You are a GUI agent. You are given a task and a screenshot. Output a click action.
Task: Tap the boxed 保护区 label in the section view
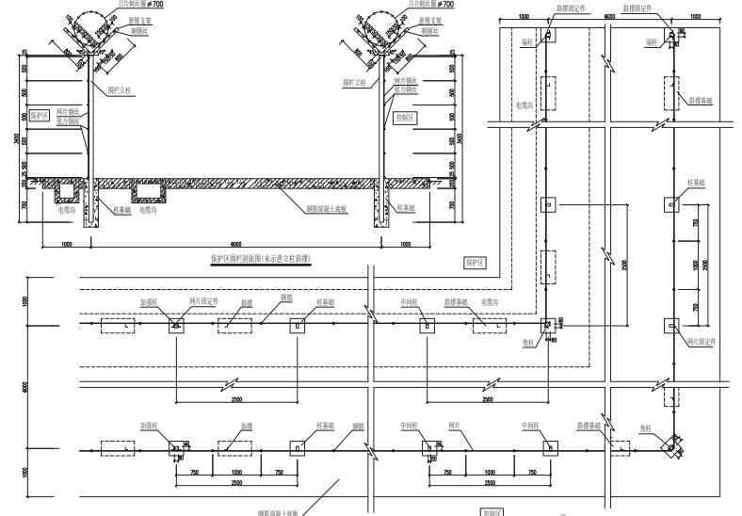tap(38, 117)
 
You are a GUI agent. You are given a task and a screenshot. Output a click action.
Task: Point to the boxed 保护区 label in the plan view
tap(474, 262)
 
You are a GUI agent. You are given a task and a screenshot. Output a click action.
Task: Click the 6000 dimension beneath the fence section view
tap(234, 243)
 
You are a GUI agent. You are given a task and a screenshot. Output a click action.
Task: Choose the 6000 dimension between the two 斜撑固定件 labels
tap(609, 16)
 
